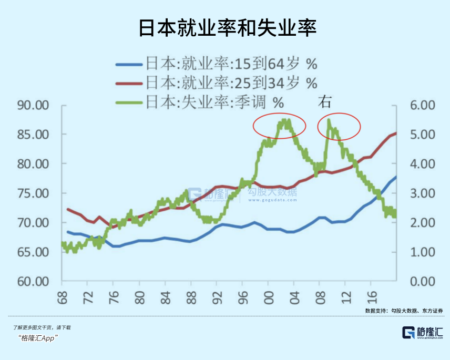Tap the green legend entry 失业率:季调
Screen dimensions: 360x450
200,102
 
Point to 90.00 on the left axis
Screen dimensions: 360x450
33,105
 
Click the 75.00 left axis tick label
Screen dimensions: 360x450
33,193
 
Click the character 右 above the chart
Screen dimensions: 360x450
325,101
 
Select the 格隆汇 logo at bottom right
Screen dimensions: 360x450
422,333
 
